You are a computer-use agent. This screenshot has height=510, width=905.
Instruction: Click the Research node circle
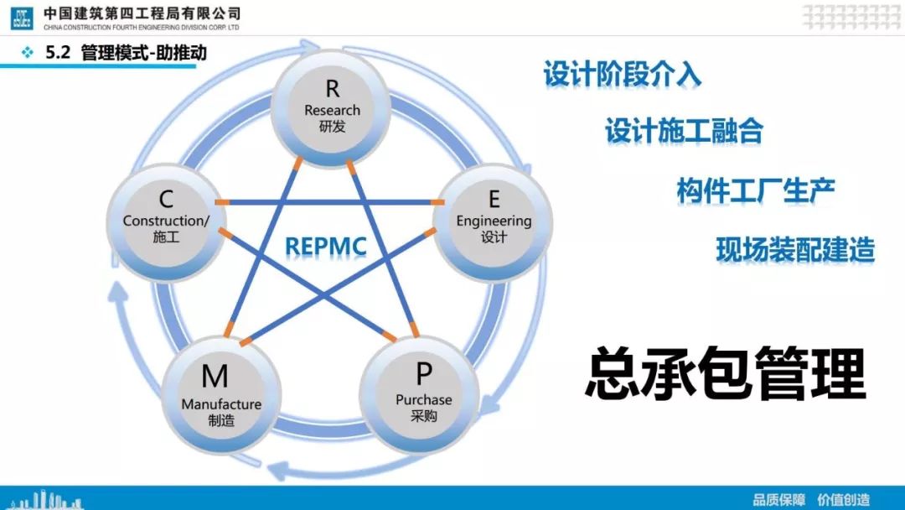331,108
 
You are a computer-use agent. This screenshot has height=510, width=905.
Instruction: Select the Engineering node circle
493,222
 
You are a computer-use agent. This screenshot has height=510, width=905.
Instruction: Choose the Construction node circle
166,222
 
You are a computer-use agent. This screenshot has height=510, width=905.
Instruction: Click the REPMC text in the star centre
326,247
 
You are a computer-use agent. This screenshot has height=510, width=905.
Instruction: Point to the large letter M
215,377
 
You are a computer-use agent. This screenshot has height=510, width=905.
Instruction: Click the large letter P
424,373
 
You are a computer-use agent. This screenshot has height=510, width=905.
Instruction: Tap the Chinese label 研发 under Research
333,127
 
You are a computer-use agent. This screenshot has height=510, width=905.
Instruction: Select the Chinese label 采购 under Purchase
424,416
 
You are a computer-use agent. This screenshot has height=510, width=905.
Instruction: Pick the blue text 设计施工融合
685,131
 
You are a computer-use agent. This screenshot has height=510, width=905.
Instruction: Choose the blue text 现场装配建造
795,250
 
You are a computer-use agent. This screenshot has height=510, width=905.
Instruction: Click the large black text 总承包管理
726,373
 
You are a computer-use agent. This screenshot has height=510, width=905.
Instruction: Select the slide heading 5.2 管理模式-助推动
126,53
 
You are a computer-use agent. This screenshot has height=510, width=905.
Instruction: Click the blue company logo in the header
22,18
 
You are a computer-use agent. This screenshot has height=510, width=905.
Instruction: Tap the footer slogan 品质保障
779,499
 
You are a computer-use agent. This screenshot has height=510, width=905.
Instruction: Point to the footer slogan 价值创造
844,499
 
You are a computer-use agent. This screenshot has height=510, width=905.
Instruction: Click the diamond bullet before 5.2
27,53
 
